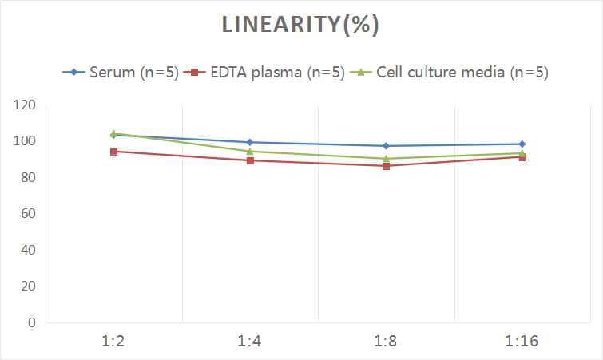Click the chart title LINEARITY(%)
click(300, 25)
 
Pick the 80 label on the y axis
click(28, 177)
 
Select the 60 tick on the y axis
click(28, 214)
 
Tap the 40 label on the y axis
click(28, 250)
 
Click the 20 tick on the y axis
click(28, 287)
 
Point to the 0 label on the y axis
click(32, 322)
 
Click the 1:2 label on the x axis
click(114, 342)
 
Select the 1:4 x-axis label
click(250, 342)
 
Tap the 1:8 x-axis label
click(386, 342)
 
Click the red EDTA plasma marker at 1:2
click(114, 152)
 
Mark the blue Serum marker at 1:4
click(250, 142)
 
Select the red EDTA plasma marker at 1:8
click(386, 166)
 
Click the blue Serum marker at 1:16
click(522, 144)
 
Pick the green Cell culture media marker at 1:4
click(250, 151)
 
